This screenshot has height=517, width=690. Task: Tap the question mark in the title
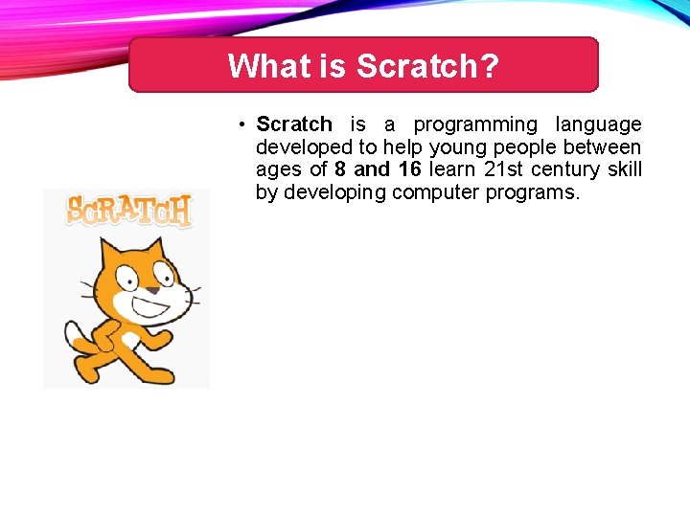[490, 66]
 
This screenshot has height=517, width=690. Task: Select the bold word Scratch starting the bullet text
[294, 124]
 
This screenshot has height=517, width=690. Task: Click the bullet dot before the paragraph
[244, 124]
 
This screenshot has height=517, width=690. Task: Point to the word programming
[475, 124]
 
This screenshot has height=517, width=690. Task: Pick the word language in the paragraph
[599, 124]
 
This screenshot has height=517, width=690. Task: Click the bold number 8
[340, 169]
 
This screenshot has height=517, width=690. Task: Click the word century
[564, 169]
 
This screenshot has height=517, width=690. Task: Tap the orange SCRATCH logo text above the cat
[128, 210]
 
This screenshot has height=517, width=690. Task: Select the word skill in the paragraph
[625, 169]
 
